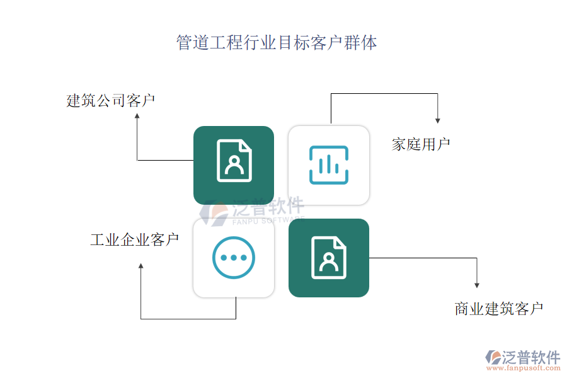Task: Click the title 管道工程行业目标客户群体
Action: [277, 43]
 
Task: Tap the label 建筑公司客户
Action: [111, 101]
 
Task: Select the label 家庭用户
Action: [421, 144]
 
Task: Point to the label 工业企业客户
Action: [134, 239]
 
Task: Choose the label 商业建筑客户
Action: [498, 309]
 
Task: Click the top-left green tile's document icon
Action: [234, 161]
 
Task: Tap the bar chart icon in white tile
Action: [328, 165]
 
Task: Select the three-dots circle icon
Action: [234, 258]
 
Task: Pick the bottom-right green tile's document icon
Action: [328, 257]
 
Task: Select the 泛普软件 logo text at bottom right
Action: [531, 357]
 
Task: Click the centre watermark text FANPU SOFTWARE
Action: [268, 220]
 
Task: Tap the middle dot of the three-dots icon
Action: [234, 258]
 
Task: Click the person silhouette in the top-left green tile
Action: [234, 165]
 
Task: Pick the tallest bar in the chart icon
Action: [328, 163]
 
